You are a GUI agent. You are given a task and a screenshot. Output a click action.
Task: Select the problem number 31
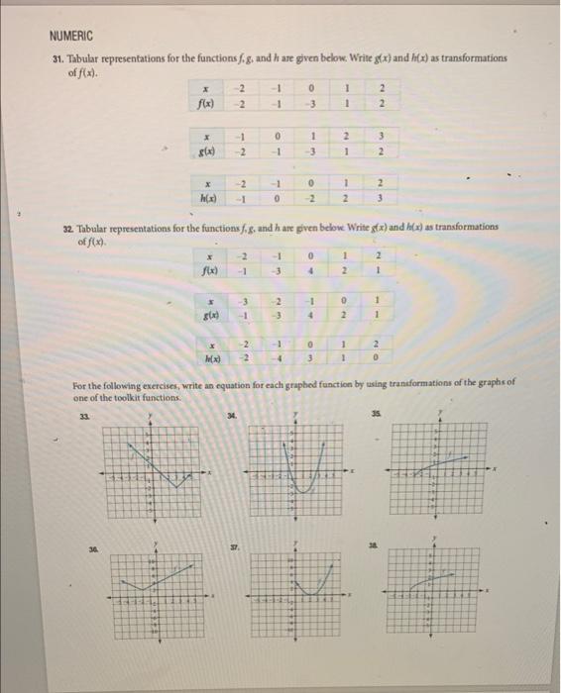pos(58,58)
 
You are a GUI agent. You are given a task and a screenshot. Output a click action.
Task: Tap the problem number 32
pos(67,227)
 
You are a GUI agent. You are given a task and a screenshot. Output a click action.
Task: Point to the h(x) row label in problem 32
pos(213,357)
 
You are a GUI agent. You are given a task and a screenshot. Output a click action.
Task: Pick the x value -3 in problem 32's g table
pos(244,303)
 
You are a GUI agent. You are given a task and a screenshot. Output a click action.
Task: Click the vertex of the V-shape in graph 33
pos(174,487)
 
